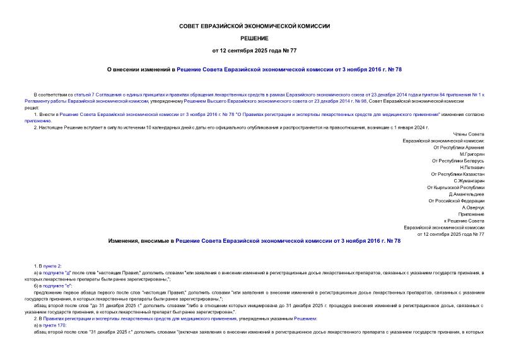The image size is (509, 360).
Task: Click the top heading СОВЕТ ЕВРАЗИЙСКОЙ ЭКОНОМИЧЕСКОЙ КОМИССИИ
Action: [255, 26]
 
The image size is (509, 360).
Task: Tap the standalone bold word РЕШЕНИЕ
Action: [255, 38]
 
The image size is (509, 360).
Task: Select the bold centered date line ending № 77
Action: [255, 50]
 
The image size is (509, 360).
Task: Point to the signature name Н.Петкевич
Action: [472, 167]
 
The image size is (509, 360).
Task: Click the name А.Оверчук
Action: [473, 207]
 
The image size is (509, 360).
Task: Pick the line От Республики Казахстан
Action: [458, 174]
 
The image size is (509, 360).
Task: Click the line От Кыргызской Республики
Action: [456, 187]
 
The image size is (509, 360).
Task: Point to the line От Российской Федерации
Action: [457, 200]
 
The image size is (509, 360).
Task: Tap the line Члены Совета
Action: [469, 134]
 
